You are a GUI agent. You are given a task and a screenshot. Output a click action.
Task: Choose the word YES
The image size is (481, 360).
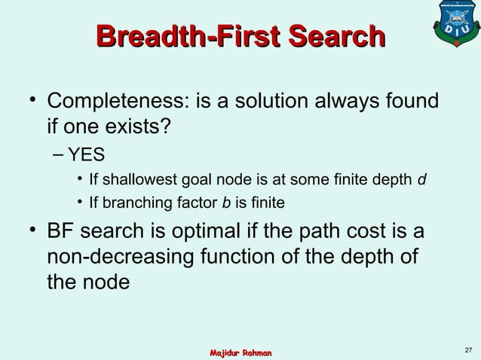pos(86,155)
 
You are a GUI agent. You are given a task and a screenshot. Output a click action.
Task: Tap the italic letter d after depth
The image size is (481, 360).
pos(422,180)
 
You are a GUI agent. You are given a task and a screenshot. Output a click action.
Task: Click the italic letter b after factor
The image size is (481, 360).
pos(225,203)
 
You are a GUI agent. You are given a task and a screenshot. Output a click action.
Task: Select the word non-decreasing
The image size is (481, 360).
pos(124,256)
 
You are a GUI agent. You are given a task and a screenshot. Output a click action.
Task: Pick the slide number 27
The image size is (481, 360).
pos(468,349)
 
